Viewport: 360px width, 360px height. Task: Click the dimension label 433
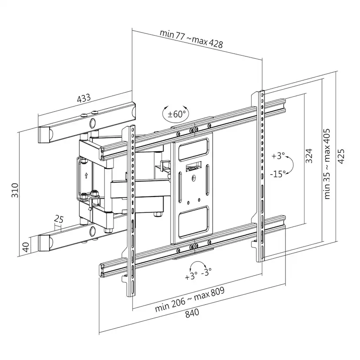point(83,98)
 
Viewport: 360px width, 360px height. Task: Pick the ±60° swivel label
point(177,115)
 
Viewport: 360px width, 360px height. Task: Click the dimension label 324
point(309,156)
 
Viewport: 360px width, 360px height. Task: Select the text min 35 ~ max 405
point(327,163)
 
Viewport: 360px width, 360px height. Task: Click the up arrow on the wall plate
point(87,176)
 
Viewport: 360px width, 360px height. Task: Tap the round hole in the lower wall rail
point(93,230)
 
